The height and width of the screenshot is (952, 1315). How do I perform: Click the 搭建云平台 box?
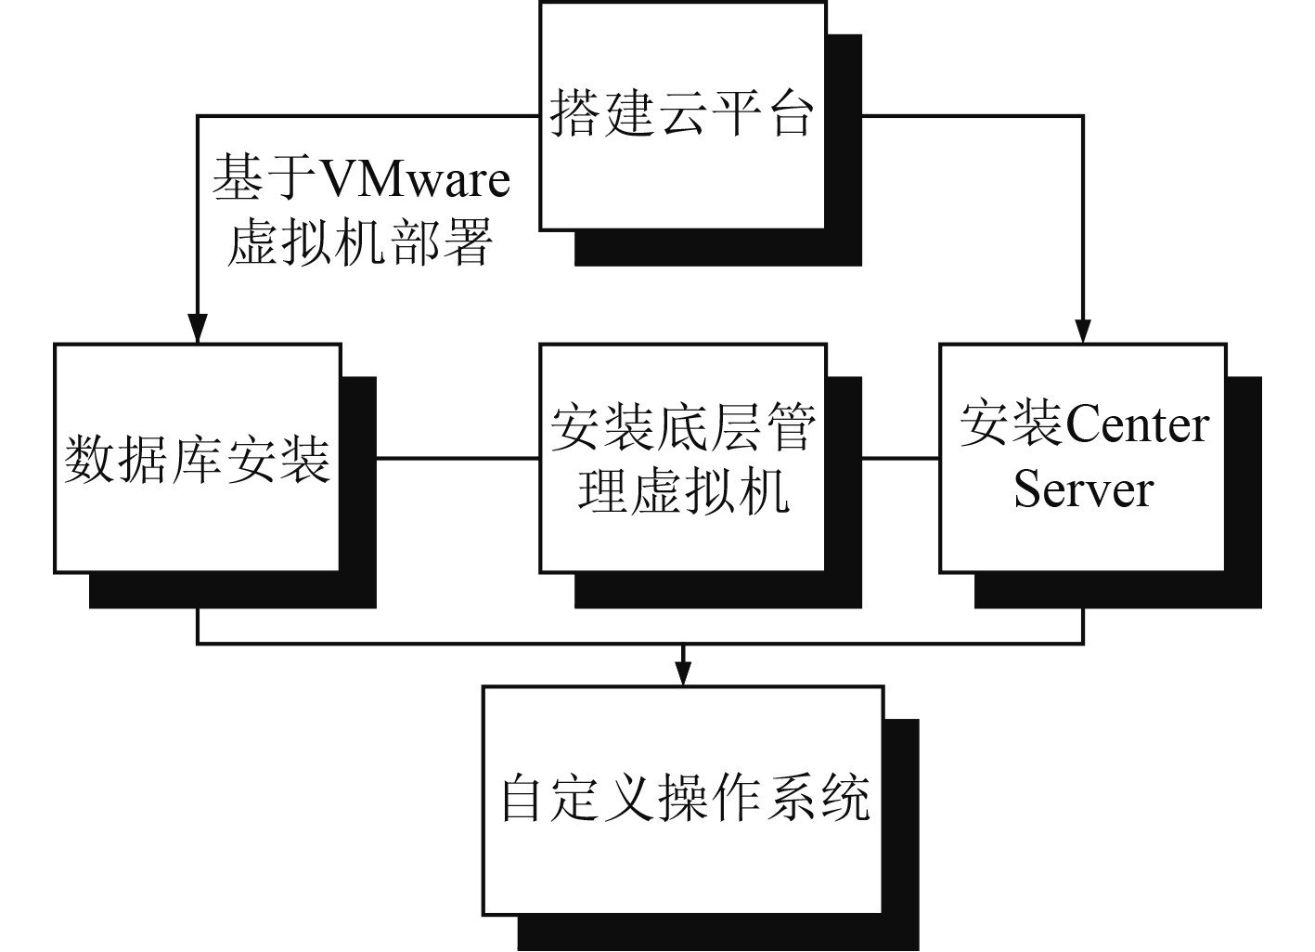(x=682, y=116)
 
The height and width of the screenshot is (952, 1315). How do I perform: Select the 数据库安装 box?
(x=198, y=458)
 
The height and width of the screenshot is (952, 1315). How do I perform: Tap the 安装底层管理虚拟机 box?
(x=682, y=458)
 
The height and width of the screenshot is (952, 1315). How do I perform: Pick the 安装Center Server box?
(x=1083, y=458)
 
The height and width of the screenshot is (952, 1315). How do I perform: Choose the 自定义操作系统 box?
(x=682, y=800)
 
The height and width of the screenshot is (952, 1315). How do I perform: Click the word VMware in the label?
(x=414, y=178)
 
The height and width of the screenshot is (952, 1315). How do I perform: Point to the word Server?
(x=1083, y=489)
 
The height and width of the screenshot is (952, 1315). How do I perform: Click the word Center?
(x=1138, y=426)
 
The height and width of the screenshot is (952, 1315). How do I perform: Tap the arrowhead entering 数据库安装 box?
(x=197, y=330)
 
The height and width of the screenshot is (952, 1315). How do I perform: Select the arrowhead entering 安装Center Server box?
(x=1083, y=330)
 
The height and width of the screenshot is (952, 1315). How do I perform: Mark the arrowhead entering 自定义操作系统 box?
(x=683, y=674)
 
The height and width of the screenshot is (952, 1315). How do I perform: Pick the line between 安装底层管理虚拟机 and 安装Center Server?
(x=883, y=458)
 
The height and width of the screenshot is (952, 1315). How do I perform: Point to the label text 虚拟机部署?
(x=360, y=243)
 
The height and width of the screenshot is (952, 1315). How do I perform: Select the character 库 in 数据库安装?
(x=198, y=459)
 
